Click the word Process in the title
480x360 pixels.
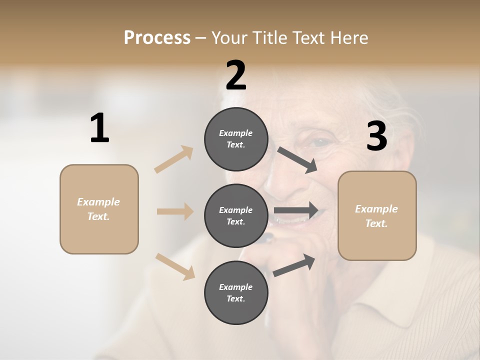157,37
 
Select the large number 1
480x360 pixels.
99,128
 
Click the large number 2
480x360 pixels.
236,75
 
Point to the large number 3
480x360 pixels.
377,136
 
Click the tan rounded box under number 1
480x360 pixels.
99,209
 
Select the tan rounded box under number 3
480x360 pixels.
377,216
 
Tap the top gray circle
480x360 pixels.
236,139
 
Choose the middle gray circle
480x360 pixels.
236,215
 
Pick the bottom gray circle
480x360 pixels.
236,292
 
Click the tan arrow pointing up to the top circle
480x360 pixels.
174,159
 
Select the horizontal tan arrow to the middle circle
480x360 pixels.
175,211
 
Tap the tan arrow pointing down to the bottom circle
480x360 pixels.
175,266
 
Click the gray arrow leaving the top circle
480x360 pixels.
297,159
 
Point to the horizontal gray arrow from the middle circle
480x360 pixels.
296,210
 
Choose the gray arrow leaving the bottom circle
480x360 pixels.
294,264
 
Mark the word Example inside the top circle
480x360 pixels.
236,133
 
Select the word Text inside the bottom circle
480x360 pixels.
235,298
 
